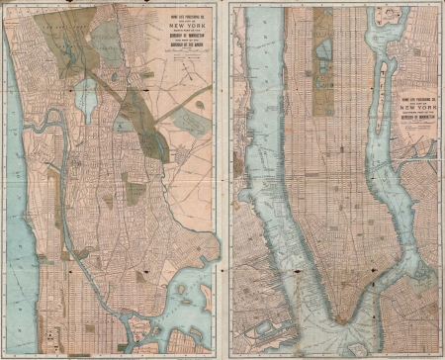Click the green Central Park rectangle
[322, 45]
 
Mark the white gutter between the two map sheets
[222, 178]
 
